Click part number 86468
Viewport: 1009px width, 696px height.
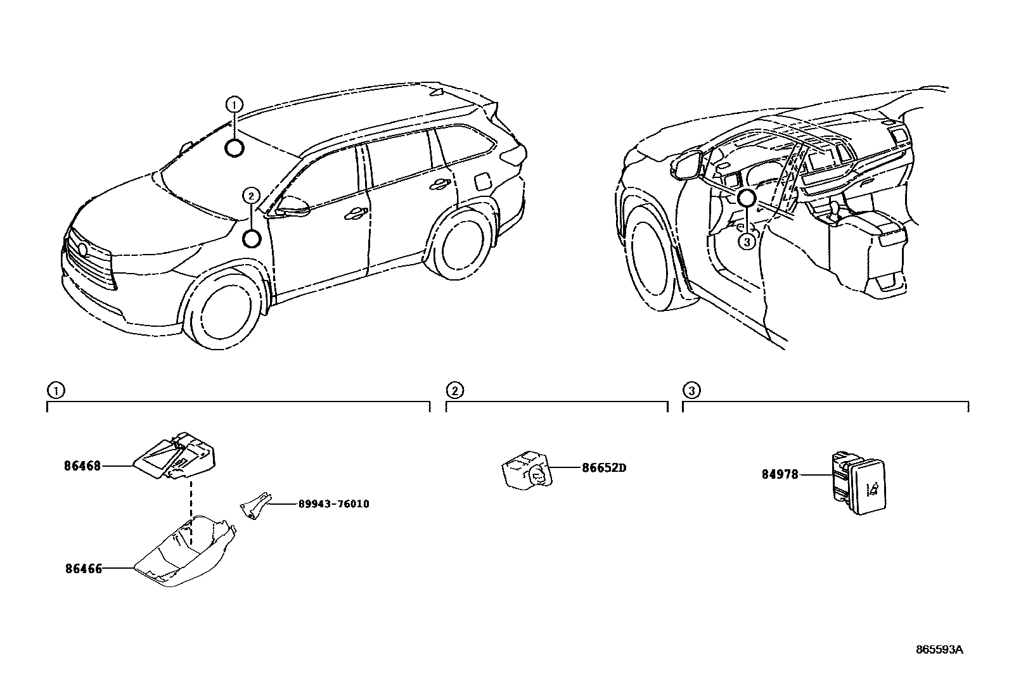tap(82, 466)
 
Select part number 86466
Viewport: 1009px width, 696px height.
tap(83, 569)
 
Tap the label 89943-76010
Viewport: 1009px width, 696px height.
tap(333, 504)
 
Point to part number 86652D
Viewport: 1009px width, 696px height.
tap(603, 469)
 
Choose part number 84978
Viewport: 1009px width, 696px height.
tap(780, 474)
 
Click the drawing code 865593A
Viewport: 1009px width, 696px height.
tap(939, 649)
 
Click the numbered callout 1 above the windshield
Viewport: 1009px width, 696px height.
tap(234, 104)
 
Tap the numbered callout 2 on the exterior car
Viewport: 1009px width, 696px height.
tap(251, 196)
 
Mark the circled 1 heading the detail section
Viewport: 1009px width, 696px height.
tap(56, 390)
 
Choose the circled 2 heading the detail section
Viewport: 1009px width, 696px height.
tap(454, 390)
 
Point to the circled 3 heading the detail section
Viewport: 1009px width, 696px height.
tap(691, 390)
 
